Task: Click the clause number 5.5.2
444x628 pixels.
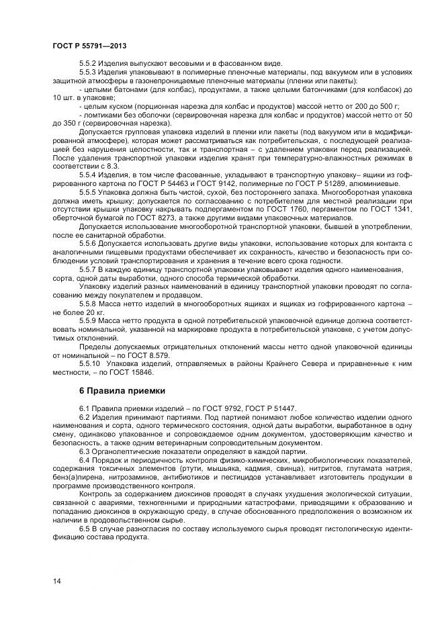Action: click(x=88, y=62)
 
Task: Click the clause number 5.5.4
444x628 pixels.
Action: click(x=88, y=173)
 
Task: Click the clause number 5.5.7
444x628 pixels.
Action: click(x=88, y=269)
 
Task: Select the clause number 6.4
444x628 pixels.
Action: click(x=84, y=461)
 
